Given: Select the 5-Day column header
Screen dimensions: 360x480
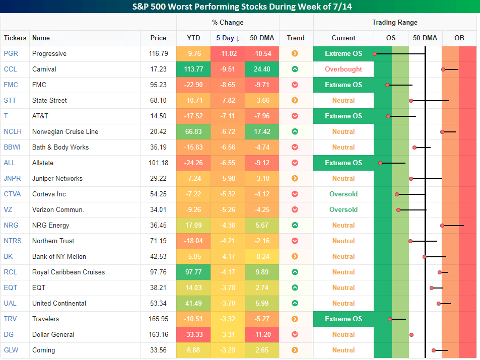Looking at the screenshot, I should coord(228,38).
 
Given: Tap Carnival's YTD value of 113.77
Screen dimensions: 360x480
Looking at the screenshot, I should coord(193,69).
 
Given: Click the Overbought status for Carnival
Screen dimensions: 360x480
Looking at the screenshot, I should coord(343,69).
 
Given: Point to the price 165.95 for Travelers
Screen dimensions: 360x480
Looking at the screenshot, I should coord(158,319).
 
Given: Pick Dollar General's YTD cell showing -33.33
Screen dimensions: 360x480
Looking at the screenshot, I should coord(193,334).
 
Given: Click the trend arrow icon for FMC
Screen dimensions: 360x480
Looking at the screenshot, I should coord(295,85).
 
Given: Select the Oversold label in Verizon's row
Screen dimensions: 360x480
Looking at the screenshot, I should coord(343,209).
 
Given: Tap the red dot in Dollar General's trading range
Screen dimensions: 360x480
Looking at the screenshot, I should coord(412,335).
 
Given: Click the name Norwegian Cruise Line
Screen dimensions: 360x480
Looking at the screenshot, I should coord(65,131).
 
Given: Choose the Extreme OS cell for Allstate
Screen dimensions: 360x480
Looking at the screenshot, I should coord(343,163).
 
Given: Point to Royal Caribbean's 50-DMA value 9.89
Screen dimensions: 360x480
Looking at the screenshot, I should coord(261,272).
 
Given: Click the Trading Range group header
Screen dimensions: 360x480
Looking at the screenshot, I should coord(394,22).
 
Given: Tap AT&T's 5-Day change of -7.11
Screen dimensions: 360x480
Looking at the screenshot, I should coord(228,116).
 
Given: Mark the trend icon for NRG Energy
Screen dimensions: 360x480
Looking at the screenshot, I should coord(295,225).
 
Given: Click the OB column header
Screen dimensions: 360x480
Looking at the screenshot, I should coord(459,38).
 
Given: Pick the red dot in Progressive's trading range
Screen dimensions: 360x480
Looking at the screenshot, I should coord(375,53).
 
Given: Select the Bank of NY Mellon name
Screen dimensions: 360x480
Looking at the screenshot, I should coord(59,256).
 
